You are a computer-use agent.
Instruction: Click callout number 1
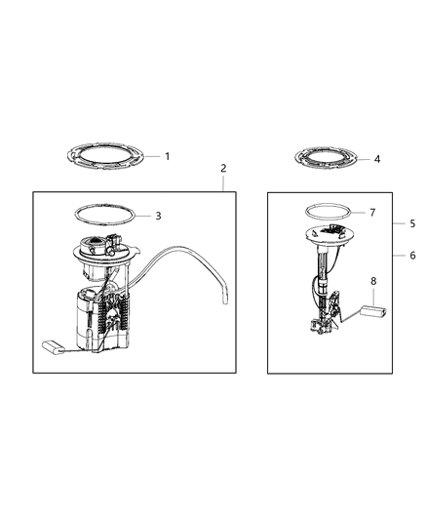click(x=167, y=156)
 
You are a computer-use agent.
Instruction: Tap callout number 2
click(x=223, y=169)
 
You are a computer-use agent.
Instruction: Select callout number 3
click(x=157, y=215)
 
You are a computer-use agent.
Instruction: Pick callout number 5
click(x=412, y=223)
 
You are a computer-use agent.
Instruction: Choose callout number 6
click(x=412, y=255)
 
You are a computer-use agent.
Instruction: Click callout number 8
click(x=371, y=280)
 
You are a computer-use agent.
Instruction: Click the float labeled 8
click(x=375, y=312)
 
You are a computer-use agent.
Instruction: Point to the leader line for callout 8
click(x=371, y=297)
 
